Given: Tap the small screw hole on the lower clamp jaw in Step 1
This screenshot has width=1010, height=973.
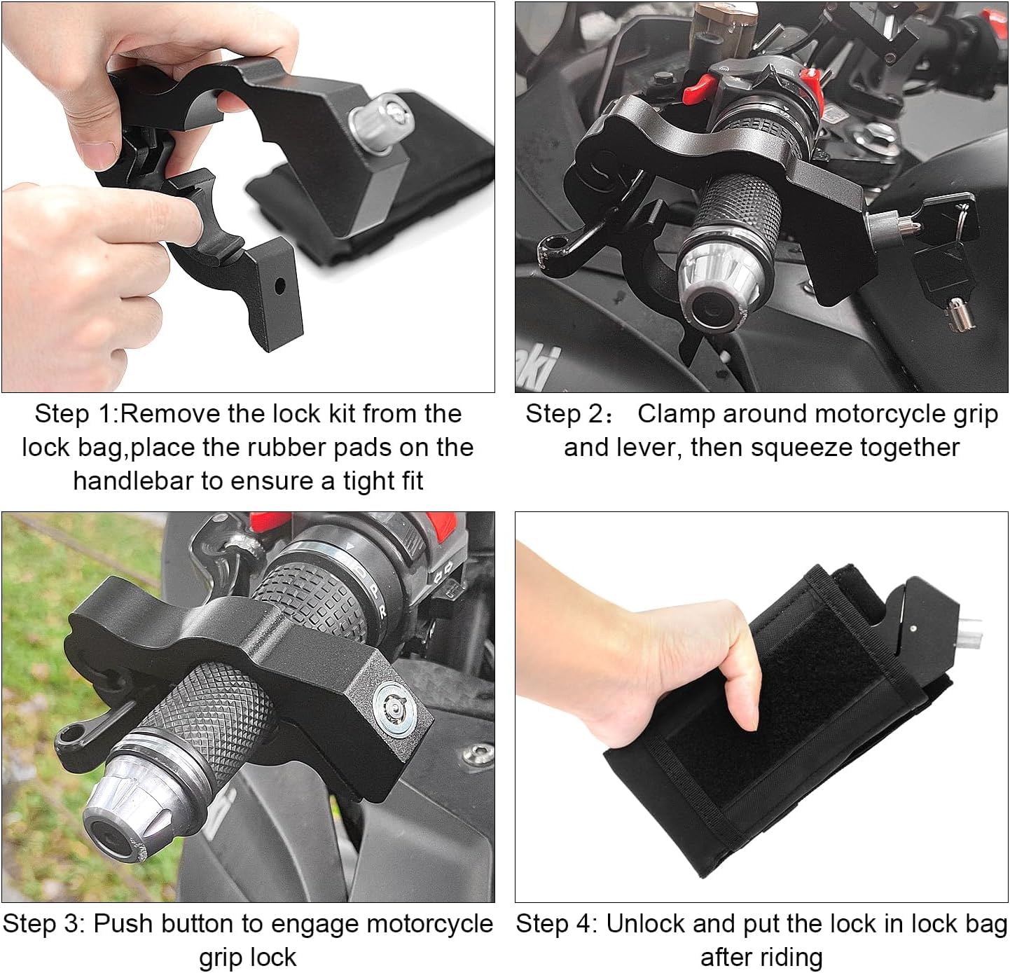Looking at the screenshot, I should [x=280, y=286].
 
